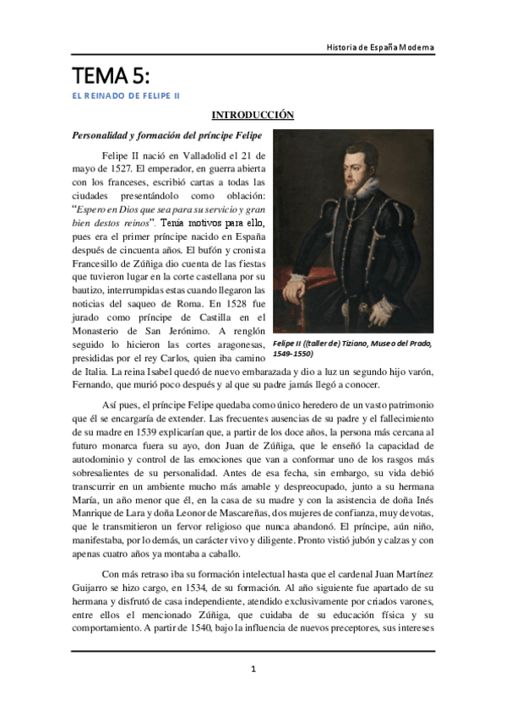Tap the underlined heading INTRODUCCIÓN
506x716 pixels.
point(252,115)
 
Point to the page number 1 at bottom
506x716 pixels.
point(253,669)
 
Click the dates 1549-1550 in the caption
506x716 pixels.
point(307,355)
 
